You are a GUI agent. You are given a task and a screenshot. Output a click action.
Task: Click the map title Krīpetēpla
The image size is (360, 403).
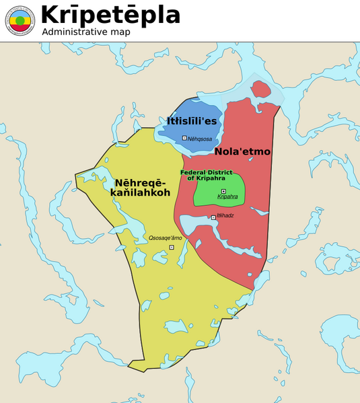point(111,15)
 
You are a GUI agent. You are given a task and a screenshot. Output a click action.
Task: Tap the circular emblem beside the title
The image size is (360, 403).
point(20,20)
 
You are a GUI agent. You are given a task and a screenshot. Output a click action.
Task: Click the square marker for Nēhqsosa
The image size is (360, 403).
point(184,138)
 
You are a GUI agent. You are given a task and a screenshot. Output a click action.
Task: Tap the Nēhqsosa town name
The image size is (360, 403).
point(200,139)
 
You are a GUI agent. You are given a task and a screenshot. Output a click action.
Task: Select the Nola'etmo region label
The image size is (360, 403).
point(242,152)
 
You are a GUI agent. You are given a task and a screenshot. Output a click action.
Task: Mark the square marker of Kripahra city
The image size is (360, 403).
point(223,191)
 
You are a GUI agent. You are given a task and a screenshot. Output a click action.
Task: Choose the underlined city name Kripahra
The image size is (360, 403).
point(227,197)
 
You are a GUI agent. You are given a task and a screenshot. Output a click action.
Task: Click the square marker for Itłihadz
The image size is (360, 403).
point(213,217)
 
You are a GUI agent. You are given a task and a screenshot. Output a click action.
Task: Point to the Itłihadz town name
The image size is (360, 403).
point(225,215)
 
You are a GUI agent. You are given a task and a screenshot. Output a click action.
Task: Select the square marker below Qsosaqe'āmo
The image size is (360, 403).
point(172,248)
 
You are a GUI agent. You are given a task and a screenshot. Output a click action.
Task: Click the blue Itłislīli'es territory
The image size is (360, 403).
point(202,108)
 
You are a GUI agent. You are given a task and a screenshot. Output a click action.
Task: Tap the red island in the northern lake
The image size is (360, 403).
point(260,89)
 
